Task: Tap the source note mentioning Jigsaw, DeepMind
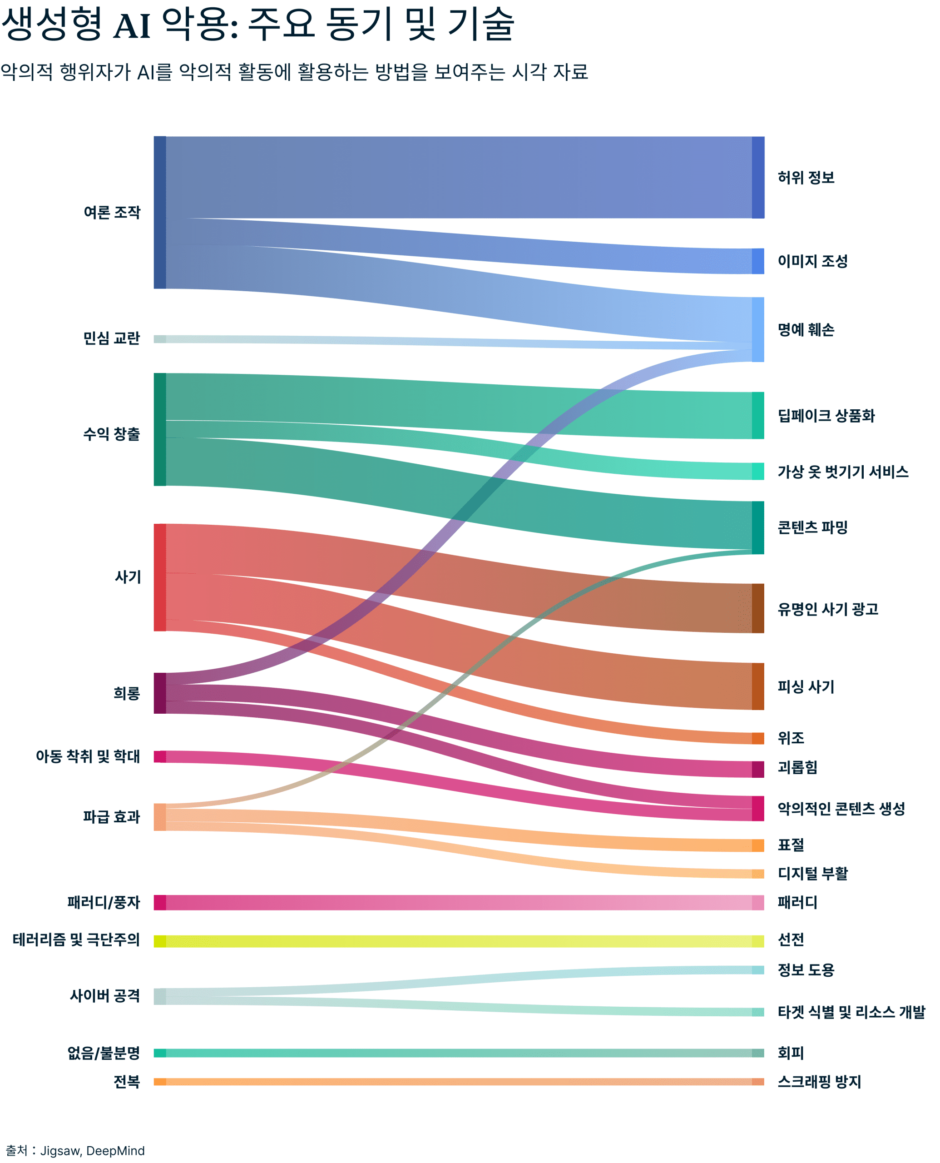pyautogui.click(x=75, y=1150)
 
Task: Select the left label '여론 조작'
pyautogui.click(x=112, y=212)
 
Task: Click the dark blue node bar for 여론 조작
pyautogui.click(x=160, y=212)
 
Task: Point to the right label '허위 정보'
pyautogui.click(x=805, y=178)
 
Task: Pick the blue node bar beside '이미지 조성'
pyautogui.click(x=757, y=261)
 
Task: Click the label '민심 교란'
pyautogui.click(x=112, y=338)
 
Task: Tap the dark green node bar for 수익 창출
pyautogui.click(x=160, y=429)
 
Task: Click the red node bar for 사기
pyautogui.click(x=160, y=577)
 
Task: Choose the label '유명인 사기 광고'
pyautogui.click(x=827, y=609)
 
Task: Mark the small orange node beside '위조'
pyautogui.click(x=757, y=738)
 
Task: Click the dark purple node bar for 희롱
pyautogui.click(x=160, y=693)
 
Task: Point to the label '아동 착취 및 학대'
pyautogui.click(x=88, y=756)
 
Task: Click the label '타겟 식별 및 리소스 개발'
pyautogui.click(x=851, y=1012)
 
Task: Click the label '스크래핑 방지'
pyautogui.click(x=819, y=1082)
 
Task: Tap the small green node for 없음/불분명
pyautogui.click(x=160, y=1053)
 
